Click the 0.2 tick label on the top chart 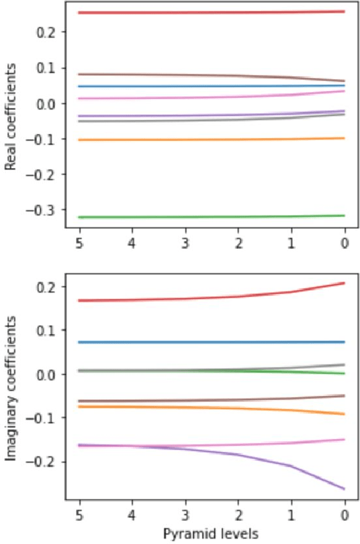pyautogui.click(x=46, y=32)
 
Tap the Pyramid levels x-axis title pyautogui.click(x=211, y=535)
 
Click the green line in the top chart pyautogui.click(x=212, y=217)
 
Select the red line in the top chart pyautogui.click(x=212, y=12)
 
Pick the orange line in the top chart pyautogui.click(x=212, y=140)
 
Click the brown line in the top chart pyautogui.click(x=212, y=75)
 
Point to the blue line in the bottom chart pyautogui.click(x=212, y=342)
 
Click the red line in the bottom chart pyautogui.click(x=212, y=298)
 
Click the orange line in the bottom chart pyautogui.click(x=212, y=408)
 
